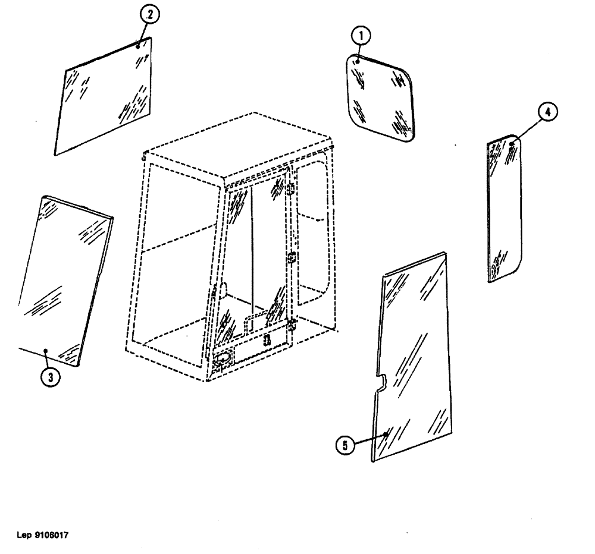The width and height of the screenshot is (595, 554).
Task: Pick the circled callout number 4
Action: (x=548, y=111)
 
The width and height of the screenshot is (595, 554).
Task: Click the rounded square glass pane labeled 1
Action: (x=379, y=99)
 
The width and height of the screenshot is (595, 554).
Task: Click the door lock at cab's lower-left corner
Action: (x=221, y=359)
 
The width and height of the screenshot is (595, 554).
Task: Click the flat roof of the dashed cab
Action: (x=238, y=146)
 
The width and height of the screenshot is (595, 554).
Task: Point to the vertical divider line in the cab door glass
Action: (x=252, y=250)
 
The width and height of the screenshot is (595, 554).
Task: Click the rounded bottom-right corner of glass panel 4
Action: (x=515, y=271)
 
